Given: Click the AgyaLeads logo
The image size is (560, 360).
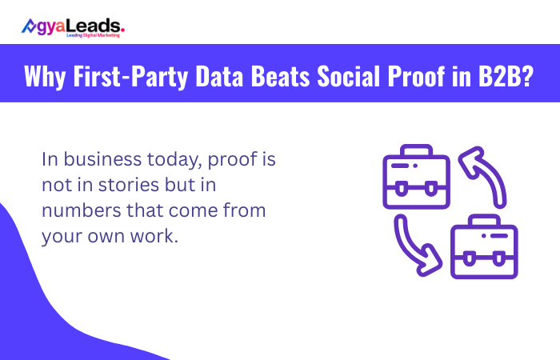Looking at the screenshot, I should pos(73,26).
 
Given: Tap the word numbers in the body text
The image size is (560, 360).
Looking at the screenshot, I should pos(76,212).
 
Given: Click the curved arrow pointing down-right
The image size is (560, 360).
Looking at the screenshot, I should pos(413,245).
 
